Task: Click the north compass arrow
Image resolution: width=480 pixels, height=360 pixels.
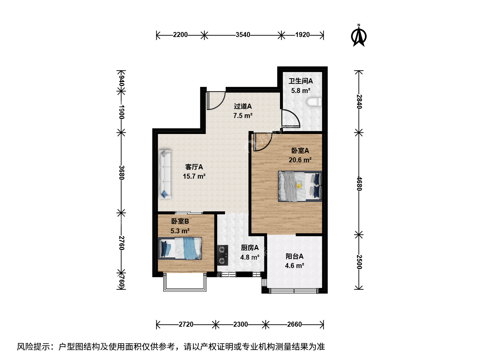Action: (x=359, y=36)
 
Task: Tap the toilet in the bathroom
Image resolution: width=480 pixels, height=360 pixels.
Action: (x=314, y=102)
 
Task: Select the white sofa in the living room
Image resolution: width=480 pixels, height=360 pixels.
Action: (x=165, y=174)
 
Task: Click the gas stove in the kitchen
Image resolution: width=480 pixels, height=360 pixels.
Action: (x=223, y=255)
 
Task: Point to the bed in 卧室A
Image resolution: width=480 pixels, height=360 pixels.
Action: (x=300, y=186)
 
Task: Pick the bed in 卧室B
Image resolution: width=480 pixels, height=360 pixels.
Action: (x=180, y=248)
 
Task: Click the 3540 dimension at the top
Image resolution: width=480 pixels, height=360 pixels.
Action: (x=243, y=35)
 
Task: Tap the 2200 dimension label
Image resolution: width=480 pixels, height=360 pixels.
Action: (x=180, y=35)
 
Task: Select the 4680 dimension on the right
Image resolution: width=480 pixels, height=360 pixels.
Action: (x=359, y=184)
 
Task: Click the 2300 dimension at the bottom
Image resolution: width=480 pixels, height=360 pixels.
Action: (x=240, y=324)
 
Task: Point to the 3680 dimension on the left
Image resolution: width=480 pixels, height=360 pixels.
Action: (x=122, y=172)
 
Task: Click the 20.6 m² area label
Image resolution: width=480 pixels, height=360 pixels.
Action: (x=300, y=160)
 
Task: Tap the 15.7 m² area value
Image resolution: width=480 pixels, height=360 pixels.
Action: (x=194, y=176)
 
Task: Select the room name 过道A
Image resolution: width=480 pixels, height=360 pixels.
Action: (x=243, y=106)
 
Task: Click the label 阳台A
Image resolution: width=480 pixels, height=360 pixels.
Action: (x=294, y=256)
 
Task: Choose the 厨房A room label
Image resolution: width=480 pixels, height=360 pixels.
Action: (x=250, y=248)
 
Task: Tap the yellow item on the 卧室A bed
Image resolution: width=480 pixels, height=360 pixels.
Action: (x=299, y=185)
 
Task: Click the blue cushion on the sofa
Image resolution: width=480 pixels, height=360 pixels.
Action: (x=164, y=194)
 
